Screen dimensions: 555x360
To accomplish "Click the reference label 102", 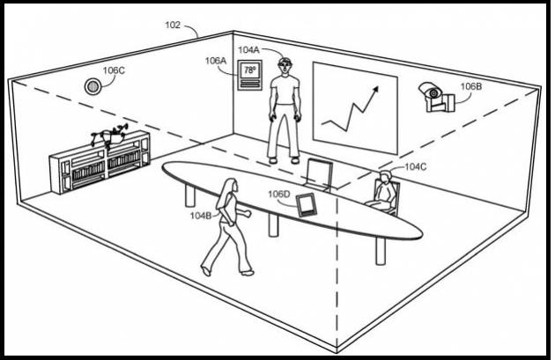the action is click(x=173, y=25).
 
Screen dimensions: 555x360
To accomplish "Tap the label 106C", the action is click(x=114, y=70).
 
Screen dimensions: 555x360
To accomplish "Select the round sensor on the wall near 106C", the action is click(x=92, y=86).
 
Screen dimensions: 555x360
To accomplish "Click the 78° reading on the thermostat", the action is click(x=249, y=70).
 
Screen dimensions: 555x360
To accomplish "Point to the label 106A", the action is click(x=215, y=61).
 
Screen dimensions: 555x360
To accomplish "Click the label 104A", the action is click(x=248, y=50).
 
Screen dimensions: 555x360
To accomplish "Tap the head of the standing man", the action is click(x=285, y=66).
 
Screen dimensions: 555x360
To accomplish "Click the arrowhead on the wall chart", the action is click(x=374, y=89).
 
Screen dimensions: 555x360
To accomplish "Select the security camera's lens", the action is click(x=433, y=93).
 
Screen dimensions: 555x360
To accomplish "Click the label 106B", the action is click(x=470, y=86).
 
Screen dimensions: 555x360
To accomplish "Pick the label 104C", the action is click(x=416, y=167).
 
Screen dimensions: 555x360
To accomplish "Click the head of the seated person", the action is click(x=384, y=176).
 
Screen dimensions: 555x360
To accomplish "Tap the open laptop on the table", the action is click(x=318, y=173).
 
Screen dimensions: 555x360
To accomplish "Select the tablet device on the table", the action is click(x=307, y=205).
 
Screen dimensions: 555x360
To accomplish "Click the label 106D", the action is click(x=278, y=195).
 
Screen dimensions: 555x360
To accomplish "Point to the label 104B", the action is click(x=201, y=216).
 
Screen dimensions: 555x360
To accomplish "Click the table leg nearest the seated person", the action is click(x=381, y=251).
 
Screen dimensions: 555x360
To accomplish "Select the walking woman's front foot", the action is click(x=247, y=273).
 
